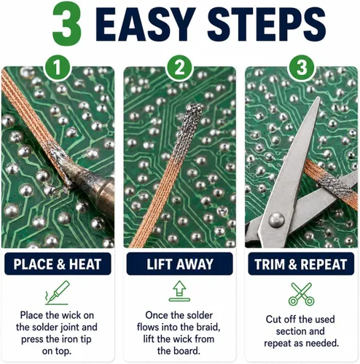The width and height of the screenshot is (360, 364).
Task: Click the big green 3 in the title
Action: point(67,25)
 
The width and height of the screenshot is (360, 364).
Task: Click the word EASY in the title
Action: point(146,24)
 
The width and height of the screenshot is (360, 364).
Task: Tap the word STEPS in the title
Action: point(267,24)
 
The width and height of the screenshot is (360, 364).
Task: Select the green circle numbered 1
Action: point(57,67)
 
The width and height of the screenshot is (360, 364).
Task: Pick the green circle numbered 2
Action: point(179,67)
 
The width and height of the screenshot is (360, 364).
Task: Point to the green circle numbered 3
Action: point(302,67)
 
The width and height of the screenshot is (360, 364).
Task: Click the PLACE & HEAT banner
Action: point(58,264)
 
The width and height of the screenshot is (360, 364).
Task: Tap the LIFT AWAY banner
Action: point(180,264)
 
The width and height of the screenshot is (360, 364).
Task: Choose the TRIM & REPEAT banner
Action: point(301,264)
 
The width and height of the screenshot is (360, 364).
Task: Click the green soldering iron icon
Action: point(58,293)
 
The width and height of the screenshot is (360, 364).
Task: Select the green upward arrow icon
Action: point(179,291)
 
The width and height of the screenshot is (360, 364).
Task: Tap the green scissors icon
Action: point(301,294)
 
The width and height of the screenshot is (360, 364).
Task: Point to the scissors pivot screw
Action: point(276,220)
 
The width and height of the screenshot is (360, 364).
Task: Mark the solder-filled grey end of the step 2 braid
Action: point(187,130)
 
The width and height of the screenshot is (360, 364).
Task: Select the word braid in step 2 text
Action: point(208,327)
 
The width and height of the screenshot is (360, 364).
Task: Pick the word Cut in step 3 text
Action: point(274,320)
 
